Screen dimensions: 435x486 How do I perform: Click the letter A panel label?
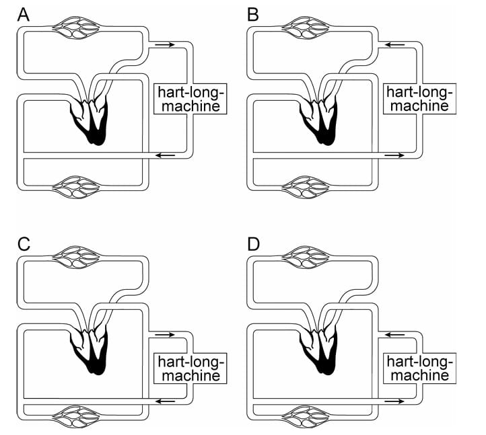pyautogui.click(x=24, y=14)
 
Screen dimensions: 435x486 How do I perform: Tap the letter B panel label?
pyautogui.click(x=253, y=14)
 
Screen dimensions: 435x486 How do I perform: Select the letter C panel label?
pyautogui.click(x=24, y=243)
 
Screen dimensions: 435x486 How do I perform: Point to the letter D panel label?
pyautogui.click(x=254, y=243)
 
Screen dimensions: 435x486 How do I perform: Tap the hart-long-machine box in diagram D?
pyautogui.click(x=418, y=367)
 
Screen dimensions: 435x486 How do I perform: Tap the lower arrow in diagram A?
pyautogui.click(x=164, y=155)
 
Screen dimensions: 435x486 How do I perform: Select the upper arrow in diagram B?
pyautogui.click(x=394, y=44)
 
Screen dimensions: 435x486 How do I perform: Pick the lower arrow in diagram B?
pyautogui.click(x=394, y=155)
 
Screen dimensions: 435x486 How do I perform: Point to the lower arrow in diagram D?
pyautogui.click(x=394, y=401)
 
